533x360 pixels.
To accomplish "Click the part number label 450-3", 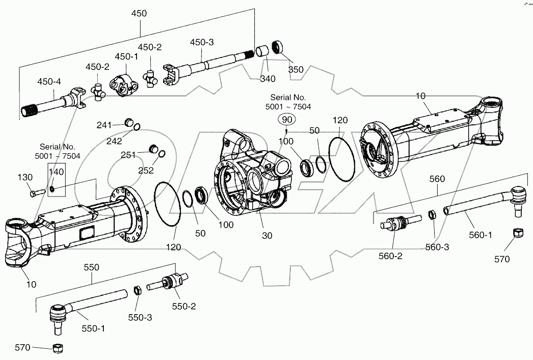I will click(x=202, y=42).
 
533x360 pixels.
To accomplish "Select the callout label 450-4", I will click(x=49, y=81).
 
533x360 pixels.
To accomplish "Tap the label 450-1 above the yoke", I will click(x=126, y=57).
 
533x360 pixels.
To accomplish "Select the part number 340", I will click(x=267, y=78).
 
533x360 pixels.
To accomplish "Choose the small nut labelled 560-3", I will click(x=431, y=214).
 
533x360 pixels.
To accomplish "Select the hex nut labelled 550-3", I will click(x=137, y=291).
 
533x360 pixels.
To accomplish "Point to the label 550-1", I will click(x=94, y=328).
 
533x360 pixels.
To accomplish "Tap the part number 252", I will click(x=146, y=171).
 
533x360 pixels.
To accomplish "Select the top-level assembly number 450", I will click(x=139, y=14).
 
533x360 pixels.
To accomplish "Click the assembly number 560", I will click(x=437, y=179).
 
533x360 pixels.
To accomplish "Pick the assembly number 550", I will click(x=92, y=267).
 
